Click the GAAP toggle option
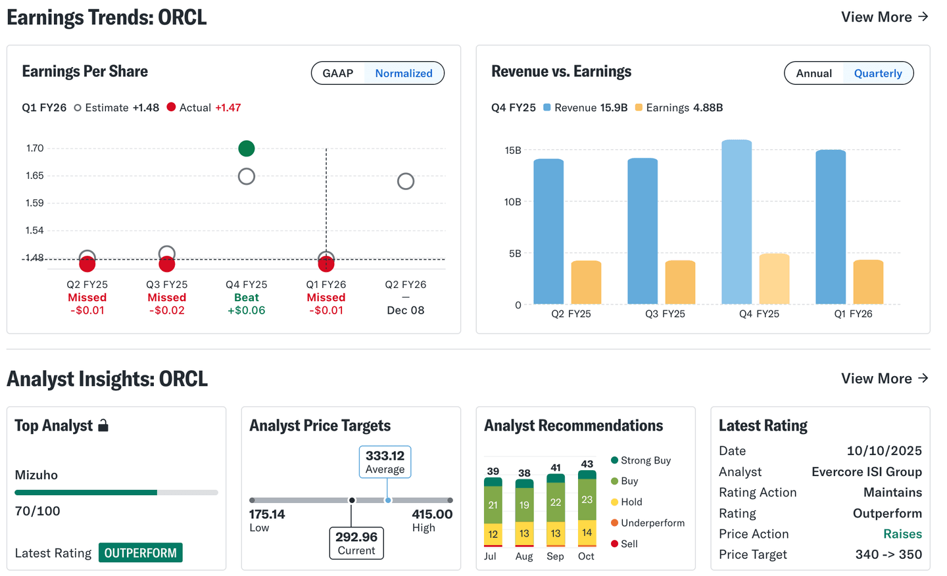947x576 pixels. [x=338, y=73]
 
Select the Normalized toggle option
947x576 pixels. [x=404, y=73]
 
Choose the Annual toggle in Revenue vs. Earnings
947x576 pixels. [x=813, y=73]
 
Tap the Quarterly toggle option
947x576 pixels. [x=877, y=73]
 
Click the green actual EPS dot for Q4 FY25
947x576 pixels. [x=247, y=149]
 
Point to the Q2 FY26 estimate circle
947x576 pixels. [x=406, y=181]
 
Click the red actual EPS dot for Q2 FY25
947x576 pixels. [x=87, y=264]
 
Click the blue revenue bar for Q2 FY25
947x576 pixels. [x=548, y=231]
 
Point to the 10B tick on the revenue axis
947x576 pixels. [x=512, y=202]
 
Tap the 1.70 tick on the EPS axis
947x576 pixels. [x=35, y=149]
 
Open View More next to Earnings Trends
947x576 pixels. [x=885, y=17]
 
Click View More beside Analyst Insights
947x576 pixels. [x=885, y=379]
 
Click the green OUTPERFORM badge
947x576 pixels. [x=141, y=553]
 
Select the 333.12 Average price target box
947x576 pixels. [x=385, y=462]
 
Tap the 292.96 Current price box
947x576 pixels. [x=356, y=543]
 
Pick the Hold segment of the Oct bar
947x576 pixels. [x=587, y=533]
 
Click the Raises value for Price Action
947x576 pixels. [x=902, y=534]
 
